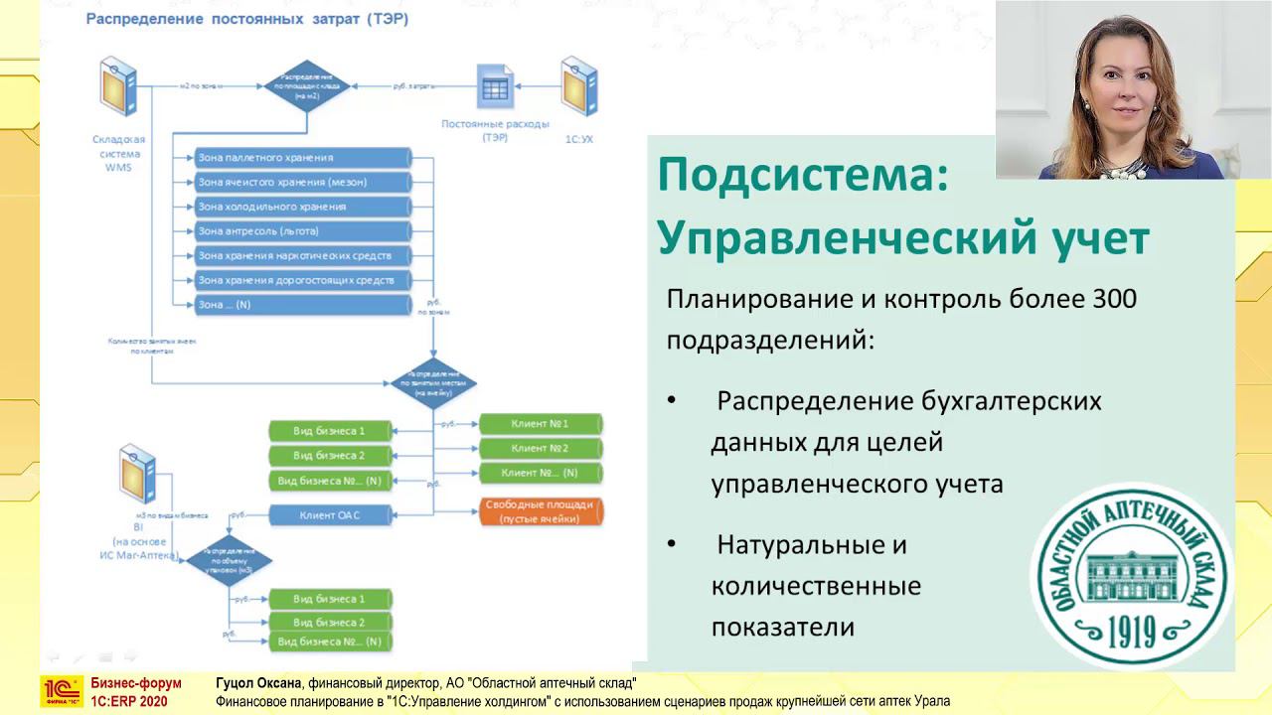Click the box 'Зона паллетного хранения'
[303, 158]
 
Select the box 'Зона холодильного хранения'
[303, 207]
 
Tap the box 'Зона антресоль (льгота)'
[303, 231]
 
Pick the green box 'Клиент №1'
[540, 424]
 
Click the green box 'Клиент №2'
[540, 449]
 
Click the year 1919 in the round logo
[1130, 629]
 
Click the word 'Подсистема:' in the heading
[803, 177]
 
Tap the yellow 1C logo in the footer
[61, 691]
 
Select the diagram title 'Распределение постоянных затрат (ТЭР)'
[246, 19]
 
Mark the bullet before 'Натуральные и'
[672, 545]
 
